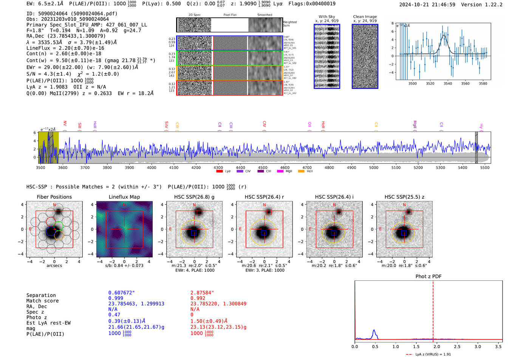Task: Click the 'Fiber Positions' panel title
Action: [x=54, y=197]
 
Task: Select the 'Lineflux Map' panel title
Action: [x=124, y=197]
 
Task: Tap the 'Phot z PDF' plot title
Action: [x=428, y=276]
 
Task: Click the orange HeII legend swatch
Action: [x=301, y=172]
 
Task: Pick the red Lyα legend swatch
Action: [x=219, y=172]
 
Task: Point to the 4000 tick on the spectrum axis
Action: [x=152, y=168]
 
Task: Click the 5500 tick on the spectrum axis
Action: [x=485, y=168]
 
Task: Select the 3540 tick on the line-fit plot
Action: [x=448, y=83]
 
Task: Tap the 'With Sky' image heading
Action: [x=327, y=17]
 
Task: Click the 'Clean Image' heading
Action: [x=365, y=17]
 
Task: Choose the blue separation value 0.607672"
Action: [x=121, y=293]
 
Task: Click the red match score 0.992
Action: [x=198, y=298]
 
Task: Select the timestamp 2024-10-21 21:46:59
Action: [x=427, y=5]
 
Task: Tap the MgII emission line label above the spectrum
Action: [x=415, y=125]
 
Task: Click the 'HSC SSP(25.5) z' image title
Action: [x=404, y=197]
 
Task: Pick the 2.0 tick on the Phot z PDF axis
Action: [x=436, y=346]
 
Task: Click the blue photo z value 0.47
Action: [x=114, y=315]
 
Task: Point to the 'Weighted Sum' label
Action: [x=289, y=24]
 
